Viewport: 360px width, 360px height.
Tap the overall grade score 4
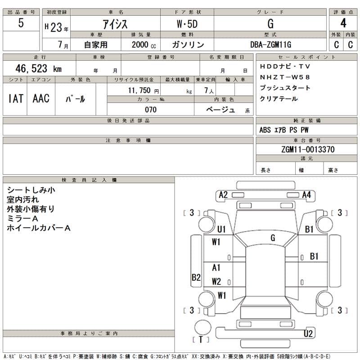(343, 23)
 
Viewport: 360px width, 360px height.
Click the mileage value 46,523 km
(39, 68)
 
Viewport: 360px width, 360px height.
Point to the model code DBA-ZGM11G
(271, 45)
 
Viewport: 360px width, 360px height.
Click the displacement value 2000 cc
(144, 45)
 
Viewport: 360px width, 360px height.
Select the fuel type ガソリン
(188, 45)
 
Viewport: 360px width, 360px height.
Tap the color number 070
(151, 110)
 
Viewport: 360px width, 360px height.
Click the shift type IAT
(16, 99)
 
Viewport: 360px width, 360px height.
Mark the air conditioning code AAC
(41, 99)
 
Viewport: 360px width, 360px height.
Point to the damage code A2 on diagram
(223, 195)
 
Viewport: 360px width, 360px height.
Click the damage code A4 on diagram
(307, 195)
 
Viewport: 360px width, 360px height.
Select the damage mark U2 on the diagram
(308, 333)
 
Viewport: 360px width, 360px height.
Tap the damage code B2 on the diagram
(196, 278)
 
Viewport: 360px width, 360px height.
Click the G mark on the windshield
(273, 238)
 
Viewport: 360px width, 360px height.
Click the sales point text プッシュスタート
(285, 88)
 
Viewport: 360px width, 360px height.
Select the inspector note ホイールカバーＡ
(39, 228)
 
